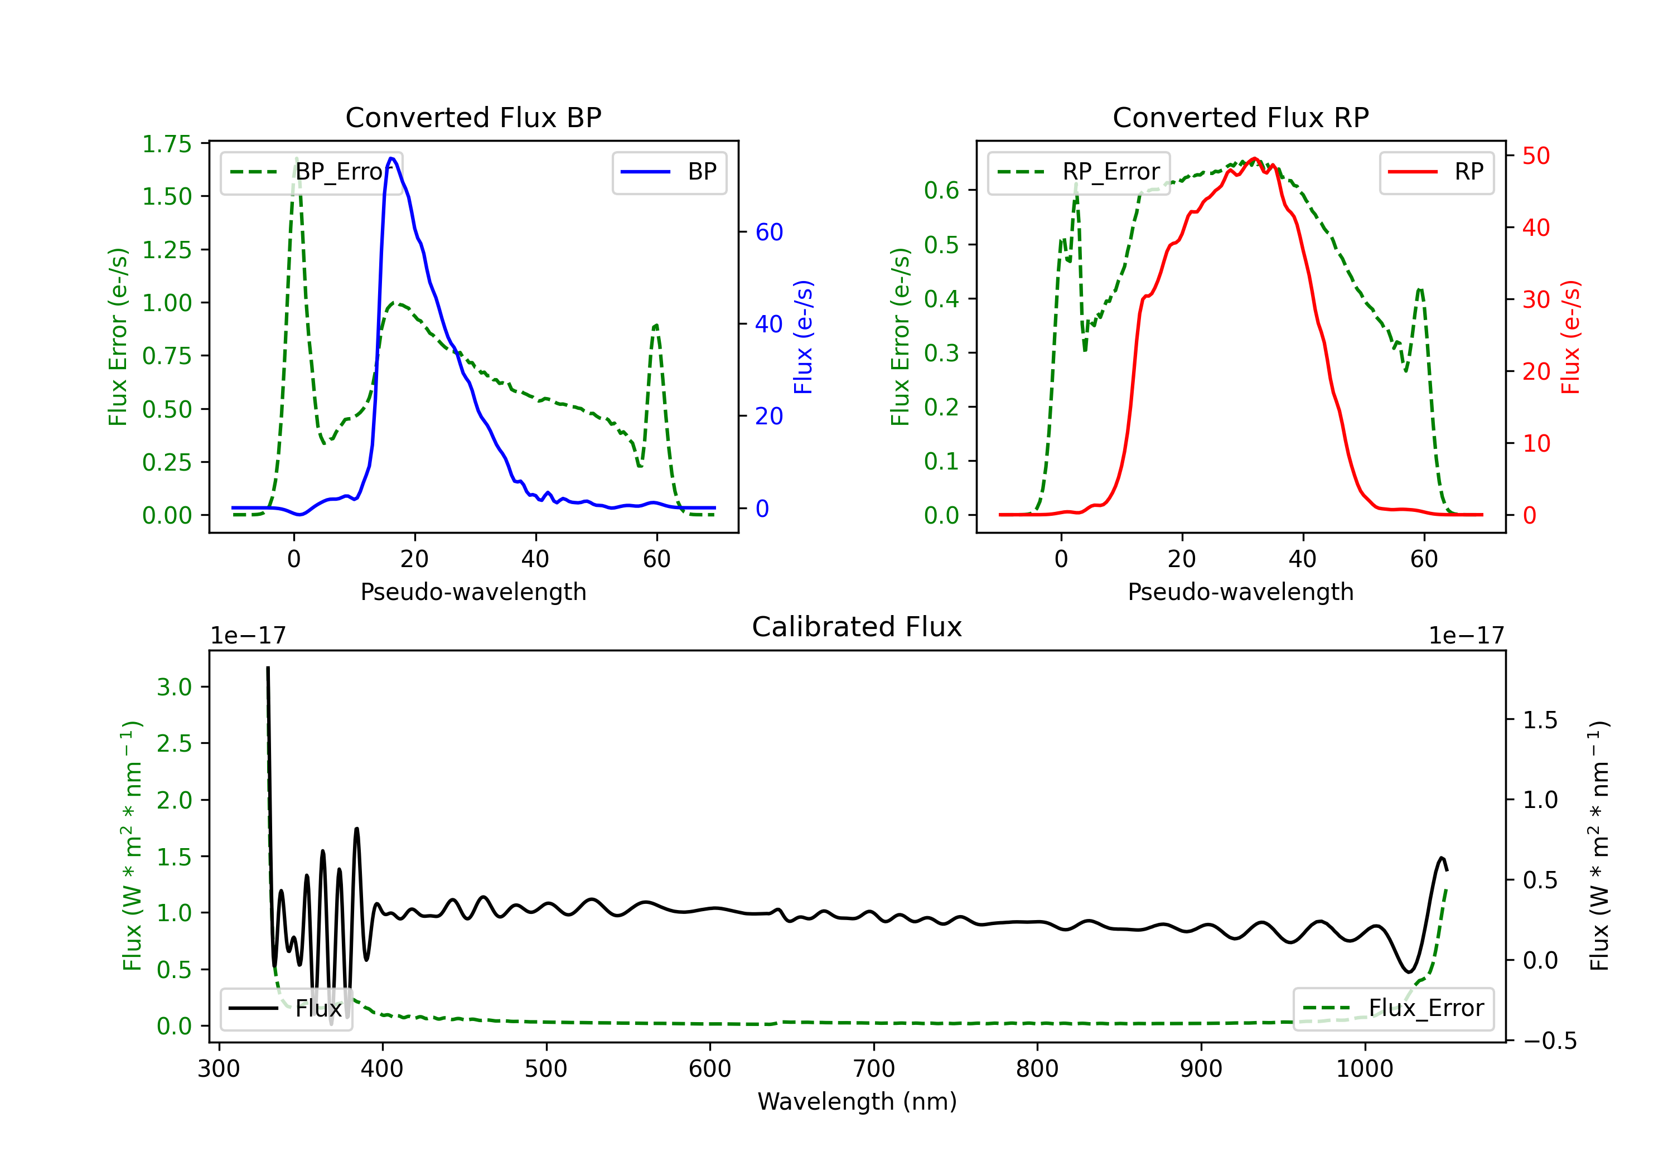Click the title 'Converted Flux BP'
(x=473, y=117)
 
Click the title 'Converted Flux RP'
(x=1240, y=117)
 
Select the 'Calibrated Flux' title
(x=857, y=627)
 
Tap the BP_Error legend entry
(x=311, y=172)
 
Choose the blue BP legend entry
(x=669, y=172)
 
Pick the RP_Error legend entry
(x=1079, y=172)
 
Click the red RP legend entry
(x=1436, y=172)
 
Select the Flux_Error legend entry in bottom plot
(x=1393, y=1009)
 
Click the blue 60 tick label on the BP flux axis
(x=768, y=232)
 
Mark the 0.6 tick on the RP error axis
(x=941, y=190)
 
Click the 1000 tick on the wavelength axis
(x=1364, y=1069)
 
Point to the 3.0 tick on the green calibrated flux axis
(x=174, y=686)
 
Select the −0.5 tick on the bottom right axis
(x=1550, y=1041)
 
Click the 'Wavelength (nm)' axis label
(x=857, y=1101)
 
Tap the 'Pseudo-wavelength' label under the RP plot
(x=1240, y=592)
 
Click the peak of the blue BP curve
(x=392, y=158)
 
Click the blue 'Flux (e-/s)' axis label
(x=803, y=337)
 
